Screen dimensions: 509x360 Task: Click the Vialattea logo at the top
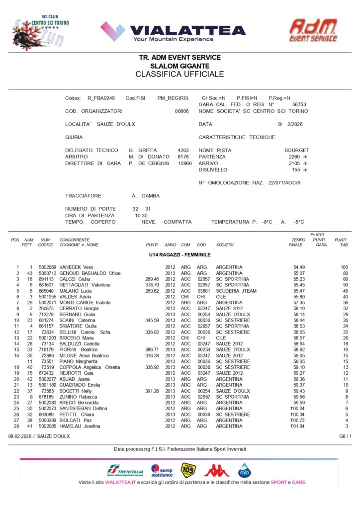[x=173, y=31]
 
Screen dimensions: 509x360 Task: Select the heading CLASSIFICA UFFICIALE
[x=180, y=75]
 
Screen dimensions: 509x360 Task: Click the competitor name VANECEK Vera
[x=76, y=267]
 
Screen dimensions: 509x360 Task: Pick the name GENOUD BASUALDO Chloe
[x=90, y=273]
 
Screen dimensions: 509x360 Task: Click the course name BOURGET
[x=296, y=150]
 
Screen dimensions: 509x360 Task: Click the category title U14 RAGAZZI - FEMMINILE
[x=180, y=254]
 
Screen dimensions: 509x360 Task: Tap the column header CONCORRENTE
[x=75, y=240]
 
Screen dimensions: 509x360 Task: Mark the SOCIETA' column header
[x=225, y=245]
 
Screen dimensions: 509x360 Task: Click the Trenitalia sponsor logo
[x=124, y=470]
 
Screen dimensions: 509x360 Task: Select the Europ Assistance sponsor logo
[x=162, y=470]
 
